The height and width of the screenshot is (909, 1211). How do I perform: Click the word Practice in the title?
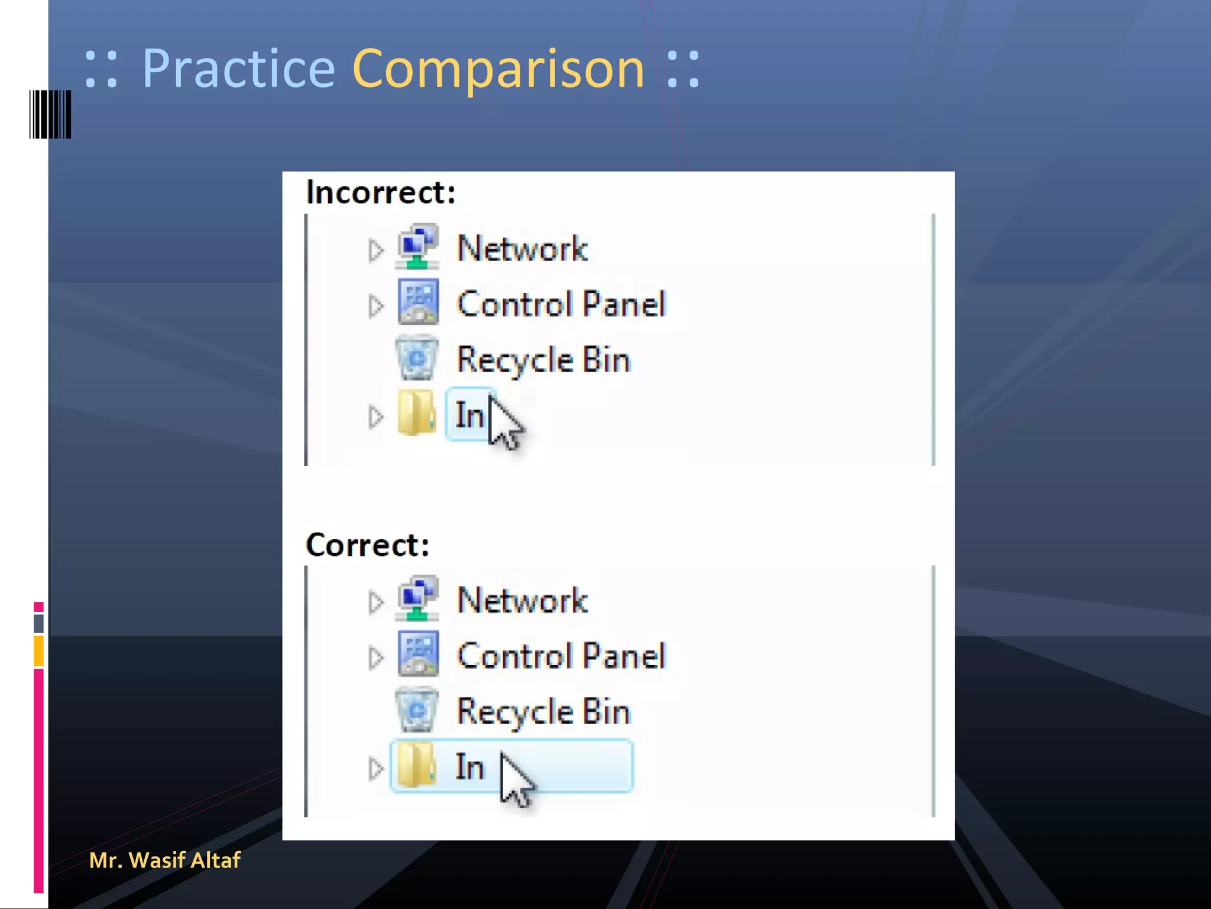click(x=238, y=69)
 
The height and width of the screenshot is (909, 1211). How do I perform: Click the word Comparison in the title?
click(x=498, y=69)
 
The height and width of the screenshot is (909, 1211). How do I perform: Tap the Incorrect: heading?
click(x=381, y=192)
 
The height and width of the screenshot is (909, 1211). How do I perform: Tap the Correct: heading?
click(x=367, y=544)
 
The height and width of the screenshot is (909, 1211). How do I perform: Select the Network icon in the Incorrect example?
click(x=417, y=247)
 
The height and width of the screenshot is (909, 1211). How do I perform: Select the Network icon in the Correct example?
click(x=417, y=598)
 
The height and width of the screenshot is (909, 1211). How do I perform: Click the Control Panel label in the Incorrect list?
click(x=561, y=304)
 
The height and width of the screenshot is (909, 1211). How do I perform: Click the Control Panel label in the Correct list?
click(x=561, y=656)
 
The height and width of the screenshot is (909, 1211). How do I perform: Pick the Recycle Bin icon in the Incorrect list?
click(x=417, y=358)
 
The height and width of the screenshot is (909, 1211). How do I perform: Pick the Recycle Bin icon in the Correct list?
click(x=417, y=710)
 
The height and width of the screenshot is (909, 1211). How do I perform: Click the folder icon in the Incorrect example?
click(x=416, y=413)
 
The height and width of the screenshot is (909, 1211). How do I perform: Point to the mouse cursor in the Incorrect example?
click(x=504, y=422)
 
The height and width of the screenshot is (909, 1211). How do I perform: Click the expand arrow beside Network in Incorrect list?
click(x=375, y=250)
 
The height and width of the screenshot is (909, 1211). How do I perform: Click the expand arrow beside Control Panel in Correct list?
click(x=375, y=657)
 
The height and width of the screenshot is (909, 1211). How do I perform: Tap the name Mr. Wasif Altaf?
click(x=164, y=860)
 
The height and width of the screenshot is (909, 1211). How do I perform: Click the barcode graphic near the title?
click(x=50, y=114)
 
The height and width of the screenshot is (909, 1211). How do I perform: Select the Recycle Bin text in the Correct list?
click(x=543, y=711)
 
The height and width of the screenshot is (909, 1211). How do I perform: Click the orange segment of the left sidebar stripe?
click(x=38, y=650)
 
